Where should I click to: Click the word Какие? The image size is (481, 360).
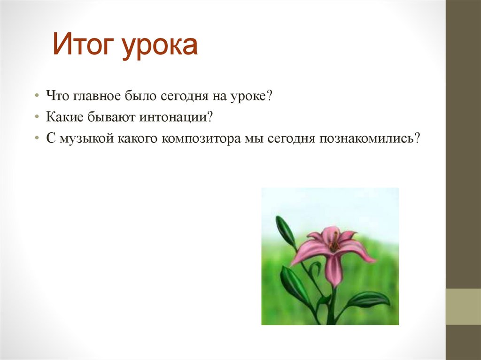point(62,117)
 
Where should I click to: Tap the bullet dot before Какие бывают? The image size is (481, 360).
point(37,118)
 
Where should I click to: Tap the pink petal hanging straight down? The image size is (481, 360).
point(333,270)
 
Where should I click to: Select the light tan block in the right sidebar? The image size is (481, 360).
point(463,306)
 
